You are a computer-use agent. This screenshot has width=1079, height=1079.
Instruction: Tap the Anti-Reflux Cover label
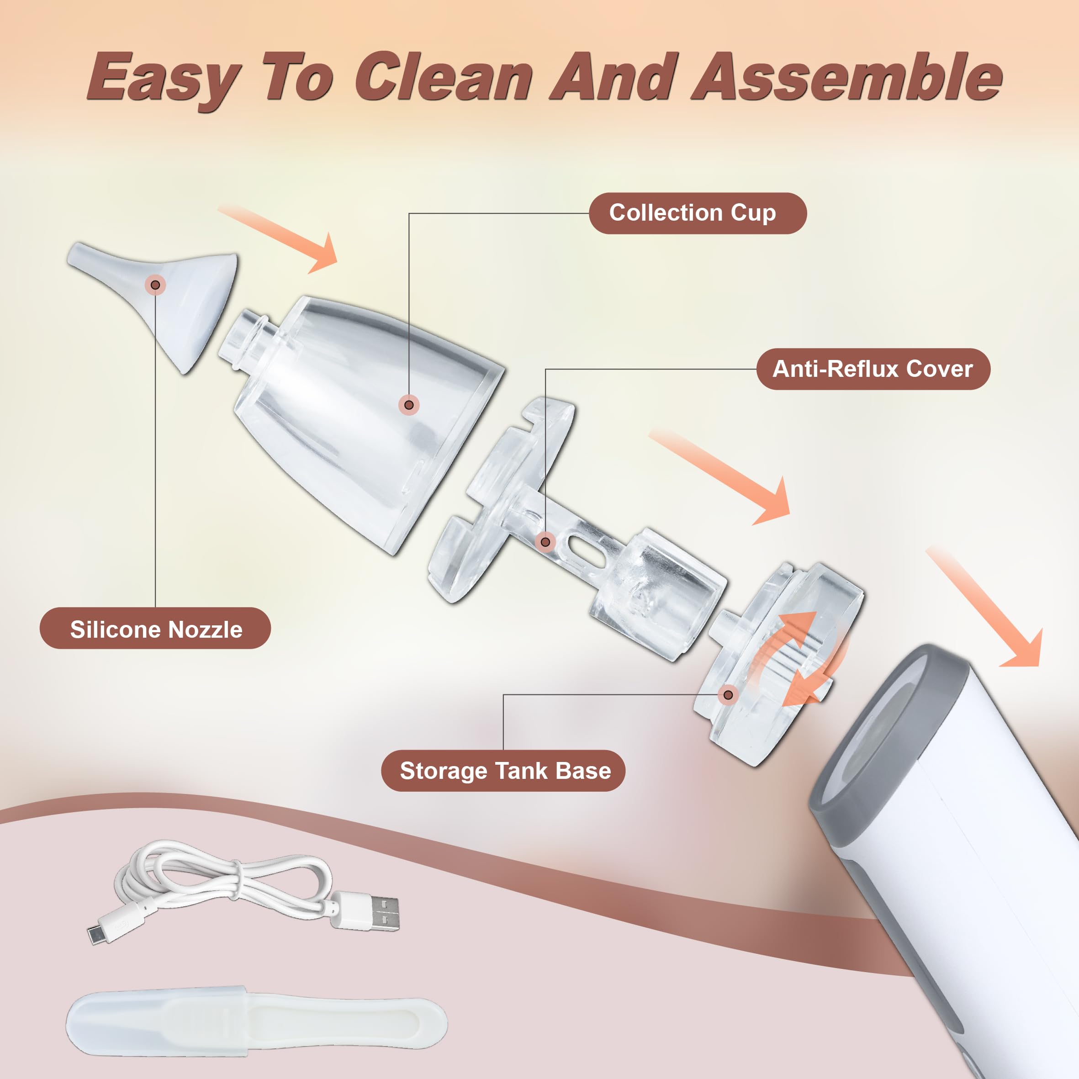click(x=873, y=369)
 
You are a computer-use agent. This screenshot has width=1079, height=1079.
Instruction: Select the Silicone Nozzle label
click(x=155, y=629)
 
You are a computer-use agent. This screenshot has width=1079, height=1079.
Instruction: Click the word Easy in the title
click(x=162, y=78)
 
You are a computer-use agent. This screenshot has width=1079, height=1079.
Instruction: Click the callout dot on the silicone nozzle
click(x=155, y=285)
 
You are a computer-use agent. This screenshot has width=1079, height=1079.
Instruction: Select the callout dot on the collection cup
click(x=409, y=404)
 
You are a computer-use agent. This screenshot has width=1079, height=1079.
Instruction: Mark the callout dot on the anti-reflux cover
click(x=545, y=542)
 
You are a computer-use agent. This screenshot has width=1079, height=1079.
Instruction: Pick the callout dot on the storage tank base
click(x=728, y=695)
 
